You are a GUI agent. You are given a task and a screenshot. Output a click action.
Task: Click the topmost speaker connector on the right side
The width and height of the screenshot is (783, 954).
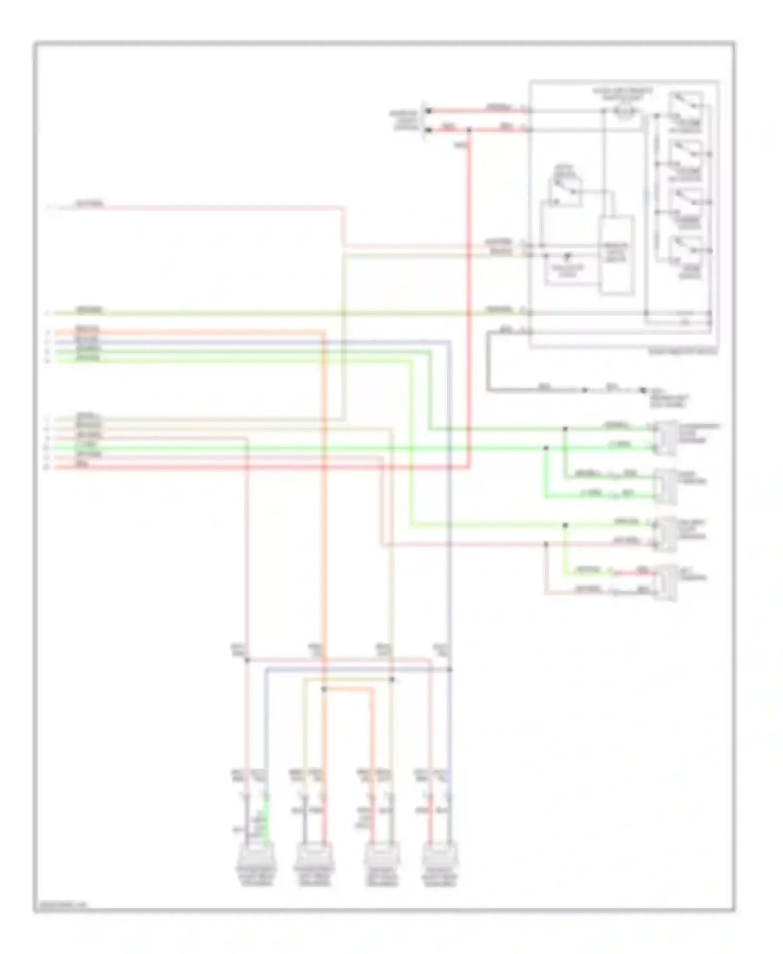(666, 437)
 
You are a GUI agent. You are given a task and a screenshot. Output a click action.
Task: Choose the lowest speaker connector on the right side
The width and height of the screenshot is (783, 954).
(666, 583)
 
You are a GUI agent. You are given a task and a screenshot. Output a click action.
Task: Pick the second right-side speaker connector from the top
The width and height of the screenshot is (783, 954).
(666, 486)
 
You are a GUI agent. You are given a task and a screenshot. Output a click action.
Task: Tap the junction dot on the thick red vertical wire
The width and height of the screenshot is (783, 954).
(469, 129)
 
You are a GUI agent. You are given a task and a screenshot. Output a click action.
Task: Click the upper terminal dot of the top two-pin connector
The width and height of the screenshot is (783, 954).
(429, 111)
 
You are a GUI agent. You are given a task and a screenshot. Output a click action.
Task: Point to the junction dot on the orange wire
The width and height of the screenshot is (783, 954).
(324, 689)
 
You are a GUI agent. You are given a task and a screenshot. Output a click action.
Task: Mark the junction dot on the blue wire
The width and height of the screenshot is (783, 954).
(450, 670)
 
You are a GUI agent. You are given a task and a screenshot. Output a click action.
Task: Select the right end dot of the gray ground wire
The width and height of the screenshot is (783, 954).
(644, 389)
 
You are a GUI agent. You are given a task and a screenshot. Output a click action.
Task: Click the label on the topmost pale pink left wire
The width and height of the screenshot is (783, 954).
(89, 203)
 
